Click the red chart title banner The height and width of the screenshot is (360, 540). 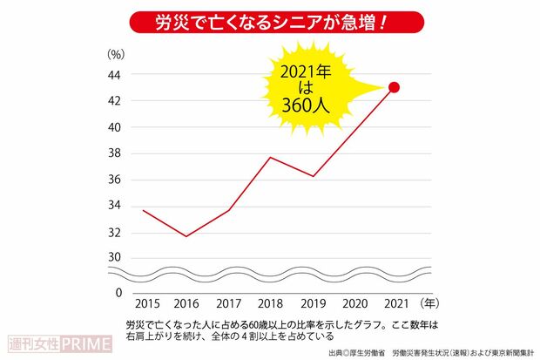270,20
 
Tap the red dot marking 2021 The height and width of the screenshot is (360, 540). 394,87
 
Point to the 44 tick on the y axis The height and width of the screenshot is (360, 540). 114,75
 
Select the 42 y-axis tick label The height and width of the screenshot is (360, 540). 114,101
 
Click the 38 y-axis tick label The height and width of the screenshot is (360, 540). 114,153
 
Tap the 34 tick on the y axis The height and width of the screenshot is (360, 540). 114,207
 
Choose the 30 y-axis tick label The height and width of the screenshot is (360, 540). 114,257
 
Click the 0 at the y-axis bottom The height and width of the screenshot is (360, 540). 118,293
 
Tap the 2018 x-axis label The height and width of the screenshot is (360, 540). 269,305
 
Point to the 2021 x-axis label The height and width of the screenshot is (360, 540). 394,305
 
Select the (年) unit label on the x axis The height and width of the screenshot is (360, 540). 429,305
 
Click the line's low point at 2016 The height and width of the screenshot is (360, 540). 186,236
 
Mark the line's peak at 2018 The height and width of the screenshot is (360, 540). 269,158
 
